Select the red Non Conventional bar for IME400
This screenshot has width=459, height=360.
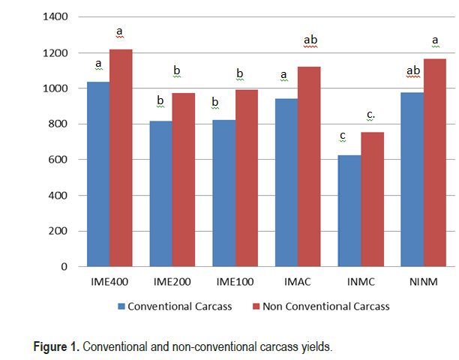121,157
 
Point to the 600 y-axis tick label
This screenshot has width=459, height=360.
58,160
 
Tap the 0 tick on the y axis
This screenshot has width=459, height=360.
64,266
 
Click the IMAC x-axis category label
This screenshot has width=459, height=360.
298,283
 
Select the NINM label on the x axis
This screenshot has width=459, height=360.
424,283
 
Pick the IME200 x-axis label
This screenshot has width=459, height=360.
172,283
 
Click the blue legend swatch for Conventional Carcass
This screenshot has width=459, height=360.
121,306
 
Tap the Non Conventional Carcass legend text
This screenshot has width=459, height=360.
326,306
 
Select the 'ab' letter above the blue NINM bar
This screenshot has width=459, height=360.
412,71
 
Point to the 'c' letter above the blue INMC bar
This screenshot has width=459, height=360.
343,136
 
